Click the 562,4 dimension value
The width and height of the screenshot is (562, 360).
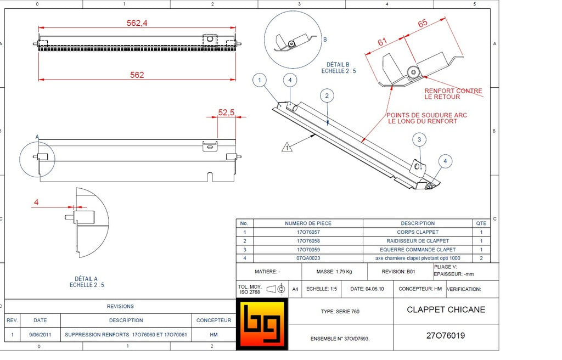coord(137,23)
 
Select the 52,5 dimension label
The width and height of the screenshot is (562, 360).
coord(226,112)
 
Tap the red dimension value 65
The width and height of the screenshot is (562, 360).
coord(422,23)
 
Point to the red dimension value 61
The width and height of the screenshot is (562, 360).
coord(383,42)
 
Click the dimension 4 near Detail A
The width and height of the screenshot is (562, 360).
coord(36,202)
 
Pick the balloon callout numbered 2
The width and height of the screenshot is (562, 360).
coord(327,96)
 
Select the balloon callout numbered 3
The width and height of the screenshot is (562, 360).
coord(419,140)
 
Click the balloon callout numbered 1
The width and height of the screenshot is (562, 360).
coord(260,80)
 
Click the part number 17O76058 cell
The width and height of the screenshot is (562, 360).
coord(308,241)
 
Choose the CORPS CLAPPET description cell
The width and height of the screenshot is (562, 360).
coord(418,232)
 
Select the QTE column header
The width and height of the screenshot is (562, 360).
coord(481,223)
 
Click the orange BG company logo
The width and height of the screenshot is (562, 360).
coord(262,324)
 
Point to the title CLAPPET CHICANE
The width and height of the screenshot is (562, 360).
coord(446,310)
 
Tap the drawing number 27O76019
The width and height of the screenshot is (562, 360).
coord(445,335)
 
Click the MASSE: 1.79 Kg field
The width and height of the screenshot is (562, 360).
coord(334,272)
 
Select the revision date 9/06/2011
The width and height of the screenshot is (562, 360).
coord(40,334)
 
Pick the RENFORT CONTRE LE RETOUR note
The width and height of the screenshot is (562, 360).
coord(453,94)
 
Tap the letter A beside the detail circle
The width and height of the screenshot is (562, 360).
coord(37,136)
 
